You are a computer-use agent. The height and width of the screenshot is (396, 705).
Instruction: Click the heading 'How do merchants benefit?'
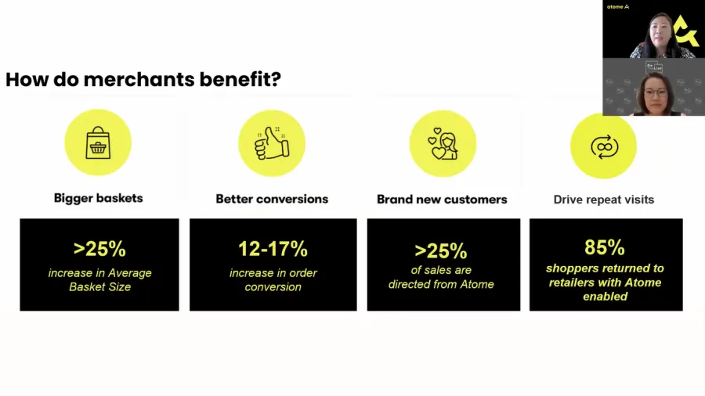tap(143, 80)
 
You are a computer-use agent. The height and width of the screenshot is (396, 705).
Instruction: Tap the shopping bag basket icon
tap(98, 142)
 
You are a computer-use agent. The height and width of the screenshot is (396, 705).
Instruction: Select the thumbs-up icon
tap(272, 143)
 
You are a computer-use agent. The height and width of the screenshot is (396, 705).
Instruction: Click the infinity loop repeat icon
tap(604, 147)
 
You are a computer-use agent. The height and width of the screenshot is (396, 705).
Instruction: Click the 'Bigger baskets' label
tap(99, 198)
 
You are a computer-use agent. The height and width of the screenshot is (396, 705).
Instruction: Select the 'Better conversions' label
tap(272, 199)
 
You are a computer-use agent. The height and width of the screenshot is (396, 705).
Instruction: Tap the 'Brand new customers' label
tap(442, 200)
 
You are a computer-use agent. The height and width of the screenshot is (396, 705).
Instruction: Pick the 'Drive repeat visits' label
tap(604, 200)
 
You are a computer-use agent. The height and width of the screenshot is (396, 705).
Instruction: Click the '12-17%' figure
tap(273, 249)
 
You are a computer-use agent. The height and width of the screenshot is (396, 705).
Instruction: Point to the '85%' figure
tap(605, 247)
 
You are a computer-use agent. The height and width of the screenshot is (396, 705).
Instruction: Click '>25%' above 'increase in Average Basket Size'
tap(99, 249)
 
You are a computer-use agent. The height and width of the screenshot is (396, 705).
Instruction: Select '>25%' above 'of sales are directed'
tap(440, 251)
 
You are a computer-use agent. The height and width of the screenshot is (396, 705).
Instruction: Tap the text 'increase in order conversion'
tap(273, 279)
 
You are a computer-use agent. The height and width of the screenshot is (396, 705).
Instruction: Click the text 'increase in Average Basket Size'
tap(99, 279)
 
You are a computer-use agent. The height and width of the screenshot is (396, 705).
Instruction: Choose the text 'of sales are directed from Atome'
tap(441, 277)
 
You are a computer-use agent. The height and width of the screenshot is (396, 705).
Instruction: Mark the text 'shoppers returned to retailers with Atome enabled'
tap(606, 283)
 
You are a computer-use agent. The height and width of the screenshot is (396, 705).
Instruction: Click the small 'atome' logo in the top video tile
tap(618, 7)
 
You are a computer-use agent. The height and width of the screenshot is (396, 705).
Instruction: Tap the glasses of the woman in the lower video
tap(655, 93)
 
